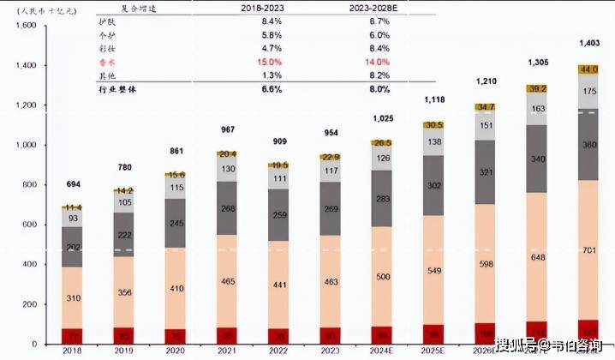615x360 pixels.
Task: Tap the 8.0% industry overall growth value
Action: pyautogui.click(x=379, y=88)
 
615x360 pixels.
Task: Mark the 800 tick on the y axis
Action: pyautogui.click(x=27, y=185)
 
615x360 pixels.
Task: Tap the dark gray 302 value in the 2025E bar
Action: pyautogui.click(x=435, y=185)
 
